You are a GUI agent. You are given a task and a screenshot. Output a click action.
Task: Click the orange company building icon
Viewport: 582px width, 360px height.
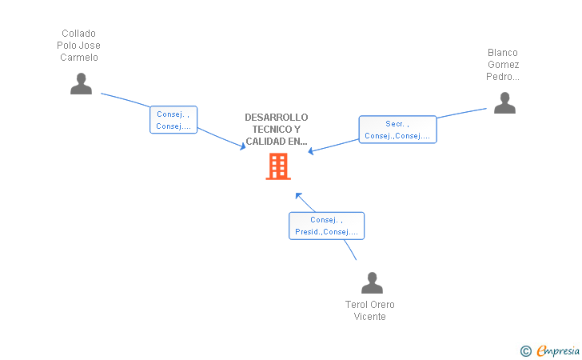pos(277,166)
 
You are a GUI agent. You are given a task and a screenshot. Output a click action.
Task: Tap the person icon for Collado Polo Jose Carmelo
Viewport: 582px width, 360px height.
pos(81,84)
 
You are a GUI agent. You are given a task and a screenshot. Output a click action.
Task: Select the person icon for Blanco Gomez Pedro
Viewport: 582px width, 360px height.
pos(504,103)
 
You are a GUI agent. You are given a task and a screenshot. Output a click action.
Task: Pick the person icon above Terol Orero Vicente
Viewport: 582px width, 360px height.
pos(372,283)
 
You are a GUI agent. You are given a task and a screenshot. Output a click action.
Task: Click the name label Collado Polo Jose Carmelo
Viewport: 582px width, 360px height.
pos(78,46)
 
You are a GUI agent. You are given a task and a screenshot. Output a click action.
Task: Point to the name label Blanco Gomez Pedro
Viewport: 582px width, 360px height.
pos(503,65)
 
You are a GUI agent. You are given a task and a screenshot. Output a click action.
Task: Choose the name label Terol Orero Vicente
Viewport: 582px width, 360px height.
pos(370,310)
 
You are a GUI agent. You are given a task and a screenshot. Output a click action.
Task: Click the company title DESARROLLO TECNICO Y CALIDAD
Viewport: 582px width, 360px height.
pos(277,130)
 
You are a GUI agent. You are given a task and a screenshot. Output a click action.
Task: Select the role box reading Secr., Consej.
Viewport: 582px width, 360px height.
pos(397,130)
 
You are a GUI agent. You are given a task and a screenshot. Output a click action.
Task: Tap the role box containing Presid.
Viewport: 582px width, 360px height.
pos(326,226)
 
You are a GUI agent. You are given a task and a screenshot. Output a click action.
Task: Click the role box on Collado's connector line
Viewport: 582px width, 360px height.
pos(173,120)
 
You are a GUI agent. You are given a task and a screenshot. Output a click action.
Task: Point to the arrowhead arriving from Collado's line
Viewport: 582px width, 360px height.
pos(242,146)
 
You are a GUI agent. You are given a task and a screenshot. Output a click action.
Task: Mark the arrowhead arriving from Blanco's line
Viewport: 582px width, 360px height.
pos(312,150)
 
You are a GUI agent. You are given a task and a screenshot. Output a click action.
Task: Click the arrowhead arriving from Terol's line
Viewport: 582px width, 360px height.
pos(298,195)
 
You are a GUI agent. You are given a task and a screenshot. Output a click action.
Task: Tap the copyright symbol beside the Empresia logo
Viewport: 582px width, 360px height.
pos(525,350)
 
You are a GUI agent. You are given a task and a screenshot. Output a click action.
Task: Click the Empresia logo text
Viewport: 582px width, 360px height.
pos(558,350)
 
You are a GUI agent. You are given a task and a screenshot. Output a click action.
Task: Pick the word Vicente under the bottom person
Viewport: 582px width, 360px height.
pos(370,317)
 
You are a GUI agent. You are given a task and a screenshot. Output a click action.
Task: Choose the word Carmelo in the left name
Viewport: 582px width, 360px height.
pos(78,58)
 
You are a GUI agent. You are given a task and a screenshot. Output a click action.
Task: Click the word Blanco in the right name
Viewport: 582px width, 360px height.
pos(503,53)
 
